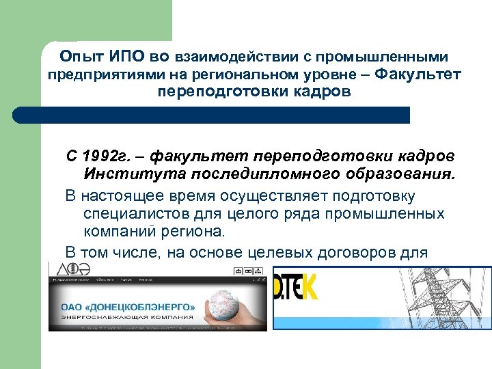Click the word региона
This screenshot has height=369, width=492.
click(189, 233)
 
